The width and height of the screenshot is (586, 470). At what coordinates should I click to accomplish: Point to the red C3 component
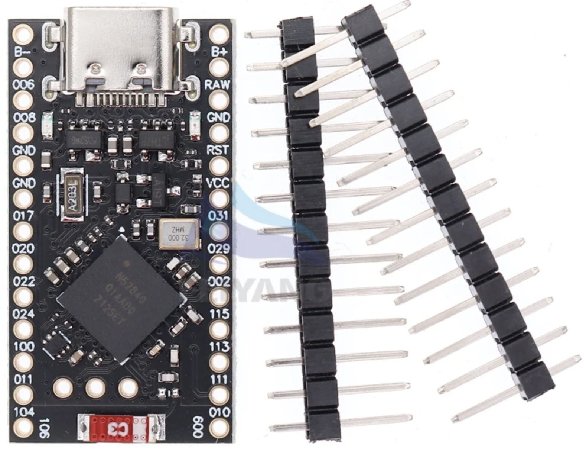pos(122,428)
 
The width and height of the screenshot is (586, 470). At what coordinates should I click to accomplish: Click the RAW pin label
pos(218,85)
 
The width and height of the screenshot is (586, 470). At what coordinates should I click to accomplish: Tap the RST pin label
pos(218,150)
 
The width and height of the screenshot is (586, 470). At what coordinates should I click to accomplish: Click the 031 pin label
pos(218,216)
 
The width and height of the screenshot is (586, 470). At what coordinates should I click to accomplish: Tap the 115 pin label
pos(219,314)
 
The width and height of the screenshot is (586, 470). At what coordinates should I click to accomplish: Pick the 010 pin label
pos(220,412)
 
